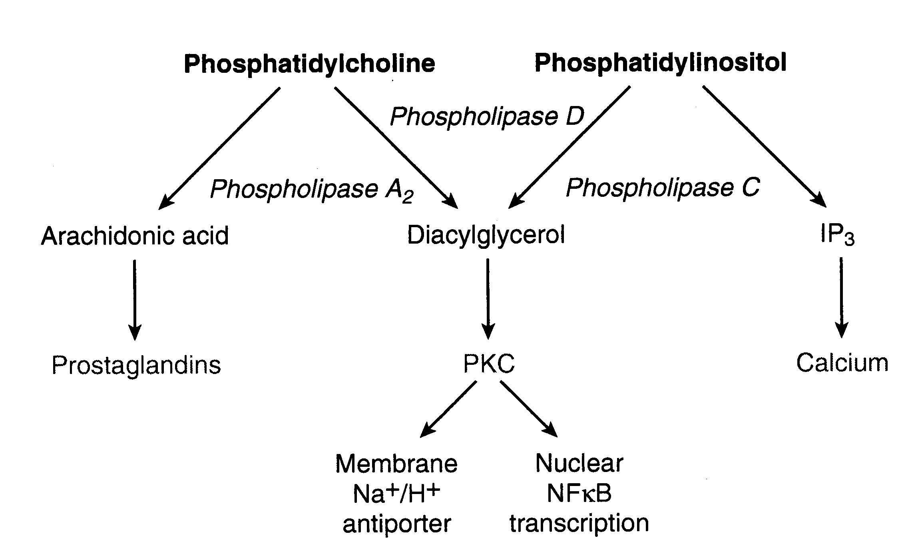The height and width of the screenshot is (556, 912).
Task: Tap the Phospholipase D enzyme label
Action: [487, 116]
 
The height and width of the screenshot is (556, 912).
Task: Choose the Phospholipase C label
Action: [663, 187]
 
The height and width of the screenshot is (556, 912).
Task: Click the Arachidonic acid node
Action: [135, 236]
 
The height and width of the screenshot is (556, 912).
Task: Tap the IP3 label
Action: [837, 235]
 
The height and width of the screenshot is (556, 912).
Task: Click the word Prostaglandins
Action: [136, 365]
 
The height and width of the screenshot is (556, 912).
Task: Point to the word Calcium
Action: [842, 363]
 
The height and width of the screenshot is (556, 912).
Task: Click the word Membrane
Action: [396, 464]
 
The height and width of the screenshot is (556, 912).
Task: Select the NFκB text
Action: [579, 494]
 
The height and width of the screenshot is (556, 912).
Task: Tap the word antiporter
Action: [396, 524]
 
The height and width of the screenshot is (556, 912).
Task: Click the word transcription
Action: [579, 523]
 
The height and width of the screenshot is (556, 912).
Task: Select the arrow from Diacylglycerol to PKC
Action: [488, 298]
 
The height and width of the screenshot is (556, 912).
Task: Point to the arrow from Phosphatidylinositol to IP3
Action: [763, 146]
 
